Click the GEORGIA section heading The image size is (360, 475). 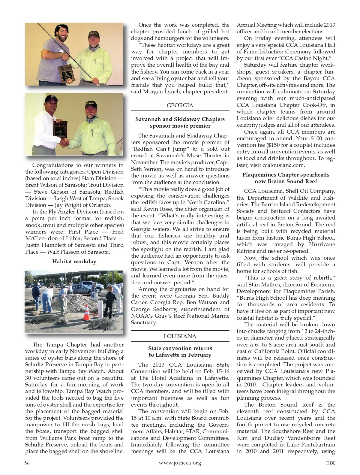(180, 105)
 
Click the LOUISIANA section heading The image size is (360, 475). (180, 336)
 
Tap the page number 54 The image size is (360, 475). (26, 463)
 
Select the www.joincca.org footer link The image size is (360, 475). (180, 463)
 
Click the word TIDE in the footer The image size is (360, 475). (330, 463)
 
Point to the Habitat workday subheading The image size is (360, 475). (74, 262)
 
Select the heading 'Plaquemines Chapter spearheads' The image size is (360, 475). (286, 175)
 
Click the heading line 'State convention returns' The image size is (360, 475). (180, 348)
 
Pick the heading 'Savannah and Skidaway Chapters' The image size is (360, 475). (180, 119)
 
